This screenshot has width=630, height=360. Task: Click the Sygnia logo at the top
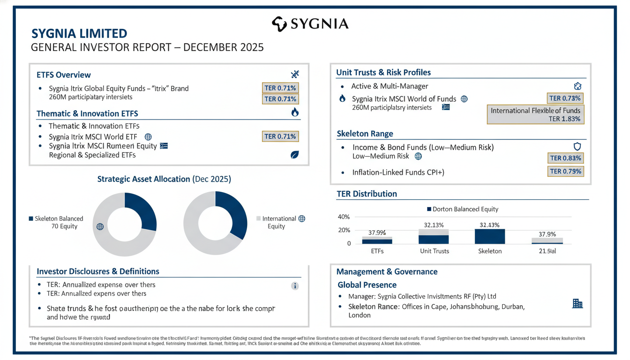[310, 24]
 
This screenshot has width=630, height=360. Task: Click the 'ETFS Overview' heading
[64, 75]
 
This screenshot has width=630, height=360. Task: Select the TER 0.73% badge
[565, 98]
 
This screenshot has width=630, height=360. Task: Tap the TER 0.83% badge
[565, 158]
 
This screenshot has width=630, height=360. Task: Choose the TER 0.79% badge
[565, 172]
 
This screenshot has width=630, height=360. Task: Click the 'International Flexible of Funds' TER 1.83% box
[535, 114]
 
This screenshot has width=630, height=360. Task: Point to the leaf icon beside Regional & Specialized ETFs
[294, 155]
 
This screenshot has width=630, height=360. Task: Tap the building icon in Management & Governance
[577, 304]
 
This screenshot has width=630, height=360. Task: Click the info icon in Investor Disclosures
[295, 286]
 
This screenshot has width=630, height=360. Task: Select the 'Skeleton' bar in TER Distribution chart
[490, 236]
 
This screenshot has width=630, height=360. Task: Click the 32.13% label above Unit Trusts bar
[434, 225]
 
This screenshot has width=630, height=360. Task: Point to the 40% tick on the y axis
[344, 217]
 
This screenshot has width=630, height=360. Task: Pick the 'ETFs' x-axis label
[377, 251]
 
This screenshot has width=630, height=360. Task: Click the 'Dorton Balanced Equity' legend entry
[462, 209]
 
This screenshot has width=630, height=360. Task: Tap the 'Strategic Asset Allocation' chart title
[164, 179]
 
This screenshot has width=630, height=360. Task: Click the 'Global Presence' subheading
[367, 285]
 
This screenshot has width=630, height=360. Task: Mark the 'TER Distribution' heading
[367, 194]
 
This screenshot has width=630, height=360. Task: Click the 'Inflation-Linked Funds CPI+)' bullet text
[398, 172]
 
